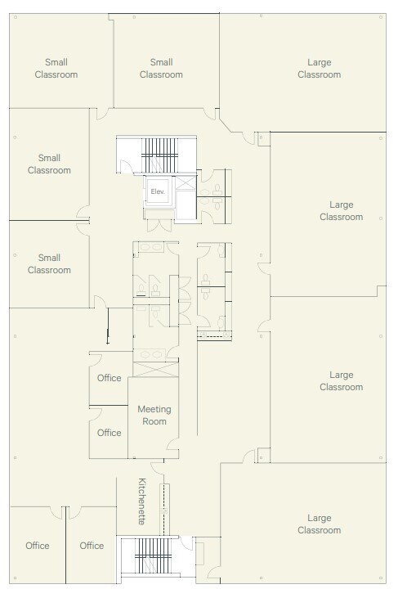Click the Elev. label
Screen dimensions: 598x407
click(158, 191)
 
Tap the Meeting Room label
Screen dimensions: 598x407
click(154, 415)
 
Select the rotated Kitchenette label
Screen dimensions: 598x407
click(142, 501)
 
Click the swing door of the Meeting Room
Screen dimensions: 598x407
click(172, 447)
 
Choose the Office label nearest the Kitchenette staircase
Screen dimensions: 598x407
click(92, 546)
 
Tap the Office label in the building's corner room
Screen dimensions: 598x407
click(38, 546)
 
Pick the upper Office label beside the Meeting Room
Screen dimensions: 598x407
click(109, 378)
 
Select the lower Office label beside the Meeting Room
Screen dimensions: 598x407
click(109, 433)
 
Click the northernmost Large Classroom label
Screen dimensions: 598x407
click(319, 68)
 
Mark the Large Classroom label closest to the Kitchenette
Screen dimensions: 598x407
click(319, 524)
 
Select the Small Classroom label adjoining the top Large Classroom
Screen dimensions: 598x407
click(161, 68)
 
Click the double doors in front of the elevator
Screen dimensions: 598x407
click(158, 215)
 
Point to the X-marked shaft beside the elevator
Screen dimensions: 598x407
click(185, 188)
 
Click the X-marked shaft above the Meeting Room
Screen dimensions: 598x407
click(152, 367)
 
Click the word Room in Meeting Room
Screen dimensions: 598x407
click(154, 421)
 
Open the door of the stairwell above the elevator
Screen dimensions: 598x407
click(124, 167)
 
